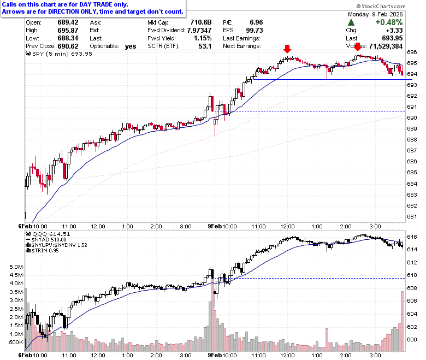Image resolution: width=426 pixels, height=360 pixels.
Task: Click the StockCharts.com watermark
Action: click(381, 6)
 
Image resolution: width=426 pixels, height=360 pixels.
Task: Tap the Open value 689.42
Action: click(68, 22)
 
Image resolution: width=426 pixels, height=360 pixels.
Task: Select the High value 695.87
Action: click(68, 31)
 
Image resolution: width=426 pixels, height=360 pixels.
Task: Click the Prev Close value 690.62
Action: click(68, 46)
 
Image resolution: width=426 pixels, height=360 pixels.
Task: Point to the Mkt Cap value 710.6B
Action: click(201, 22)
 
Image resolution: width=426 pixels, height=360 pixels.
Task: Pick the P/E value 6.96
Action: click(256, 22)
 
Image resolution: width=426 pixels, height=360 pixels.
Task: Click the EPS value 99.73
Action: click(255, 31)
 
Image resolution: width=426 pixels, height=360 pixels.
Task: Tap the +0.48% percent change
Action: click(389, 22)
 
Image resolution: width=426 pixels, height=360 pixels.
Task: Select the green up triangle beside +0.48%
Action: click(351, 22)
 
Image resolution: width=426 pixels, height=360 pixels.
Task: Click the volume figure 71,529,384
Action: click(386, 46)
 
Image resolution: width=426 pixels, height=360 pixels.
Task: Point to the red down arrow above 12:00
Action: click(287, 49)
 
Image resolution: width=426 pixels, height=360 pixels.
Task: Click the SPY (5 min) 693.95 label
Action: click(59, 54)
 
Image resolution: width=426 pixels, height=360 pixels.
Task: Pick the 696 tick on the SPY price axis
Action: click(412, 52)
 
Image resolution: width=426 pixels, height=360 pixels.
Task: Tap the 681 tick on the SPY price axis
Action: click(412, 217)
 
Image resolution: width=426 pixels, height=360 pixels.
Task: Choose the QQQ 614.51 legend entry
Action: click(48, 234)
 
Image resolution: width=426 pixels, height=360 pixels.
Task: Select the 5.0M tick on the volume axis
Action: click(16, 267)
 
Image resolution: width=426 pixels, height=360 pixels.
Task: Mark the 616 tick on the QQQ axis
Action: click(412, 237)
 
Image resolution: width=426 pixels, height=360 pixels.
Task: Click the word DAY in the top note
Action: click(85, 4)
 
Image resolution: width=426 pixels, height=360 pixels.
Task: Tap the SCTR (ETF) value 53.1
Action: click(205, 46)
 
